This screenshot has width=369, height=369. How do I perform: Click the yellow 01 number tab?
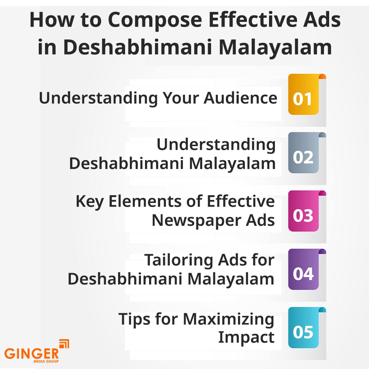(304, 94)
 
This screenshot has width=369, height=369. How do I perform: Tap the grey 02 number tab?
(304, 153)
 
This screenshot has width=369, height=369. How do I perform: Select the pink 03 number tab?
(304, 211)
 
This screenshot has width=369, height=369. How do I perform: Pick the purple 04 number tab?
(304, 269)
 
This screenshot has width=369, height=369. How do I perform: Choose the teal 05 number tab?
(304, 328)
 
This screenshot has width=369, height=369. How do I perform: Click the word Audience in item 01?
(241, 98)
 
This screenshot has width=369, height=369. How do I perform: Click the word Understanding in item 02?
(216, 145)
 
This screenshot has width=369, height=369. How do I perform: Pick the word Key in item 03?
(90, 202)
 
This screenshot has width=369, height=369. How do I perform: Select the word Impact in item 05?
(246, 338)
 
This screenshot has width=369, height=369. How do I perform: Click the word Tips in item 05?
(134, 319)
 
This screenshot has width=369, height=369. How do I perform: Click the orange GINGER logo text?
(31, 354)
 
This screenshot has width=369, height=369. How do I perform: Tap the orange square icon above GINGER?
(64, 344)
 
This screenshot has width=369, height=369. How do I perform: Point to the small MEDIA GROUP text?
(46, 361)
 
